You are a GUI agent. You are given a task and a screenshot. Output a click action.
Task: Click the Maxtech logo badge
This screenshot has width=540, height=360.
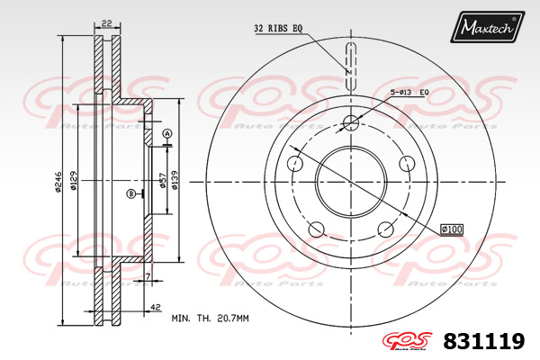(487, 27)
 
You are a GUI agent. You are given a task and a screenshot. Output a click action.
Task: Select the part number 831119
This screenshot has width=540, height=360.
(484, 341)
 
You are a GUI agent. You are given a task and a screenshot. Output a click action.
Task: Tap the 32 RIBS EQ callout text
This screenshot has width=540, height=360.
(278, 28)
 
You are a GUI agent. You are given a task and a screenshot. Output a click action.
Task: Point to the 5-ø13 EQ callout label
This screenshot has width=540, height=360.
(409, 93)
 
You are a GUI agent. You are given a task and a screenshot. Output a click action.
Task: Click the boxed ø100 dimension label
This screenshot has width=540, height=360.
(452, 229)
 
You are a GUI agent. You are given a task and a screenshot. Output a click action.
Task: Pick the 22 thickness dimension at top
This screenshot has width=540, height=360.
(107, 23)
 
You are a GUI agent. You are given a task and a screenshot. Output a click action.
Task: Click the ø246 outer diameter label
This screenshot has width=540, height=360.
(58, 182)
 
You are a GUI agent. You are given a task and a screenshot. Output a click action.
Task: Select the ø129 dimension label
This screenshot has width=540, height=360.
(73, 181)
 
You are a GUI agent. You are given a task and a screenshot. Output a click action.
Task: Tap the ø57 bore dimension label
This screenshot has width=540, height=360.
(163, 180)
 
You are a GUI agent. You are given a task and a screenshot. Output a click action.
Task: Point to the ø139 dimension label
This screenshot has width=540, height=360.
(175, 180)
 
